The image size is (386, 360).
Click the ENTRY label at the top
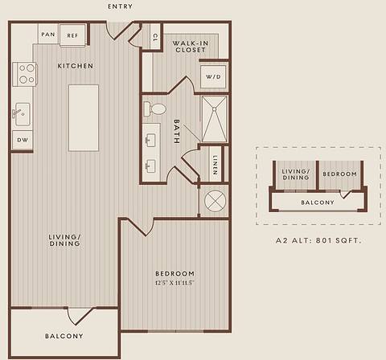(x=120, y=6)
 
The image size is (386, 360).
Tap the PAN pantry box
(x=48, y=34)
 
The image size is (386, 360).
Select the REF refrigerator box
(x=72, y=35)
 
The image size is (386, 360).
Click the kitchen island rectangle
(x=84, y=117)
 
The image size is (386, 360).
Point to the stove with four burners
(x=26, y=74)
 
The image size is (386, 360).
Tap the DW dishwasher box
(x=22, y=140)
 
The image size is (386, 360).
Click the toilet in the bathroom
(x=156, y=108)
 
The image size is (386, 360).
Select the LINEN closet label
(x=214, y=166)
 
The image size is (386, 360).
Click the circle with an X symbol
(x=215, y=200)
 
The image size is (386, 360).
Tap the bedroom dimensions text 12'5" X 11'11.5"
(x=175, y=283)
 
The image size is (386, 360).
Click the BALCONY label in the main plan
(x=64, y=336)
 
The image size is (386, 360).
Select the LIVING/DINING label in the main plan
(x=64, y=240)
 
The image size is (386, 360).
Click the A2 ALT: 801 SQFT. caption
(x=318, y=239)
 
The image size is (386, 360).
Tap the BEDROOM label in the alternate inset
(x=339, y=174)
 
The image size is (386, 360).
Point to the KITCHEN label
(x=76, y=65)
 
